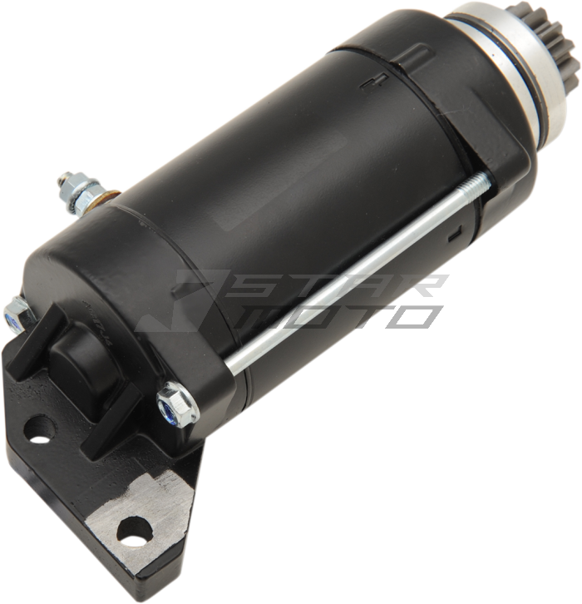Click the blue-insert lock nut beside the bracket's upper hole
click(x=13, y=315)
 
